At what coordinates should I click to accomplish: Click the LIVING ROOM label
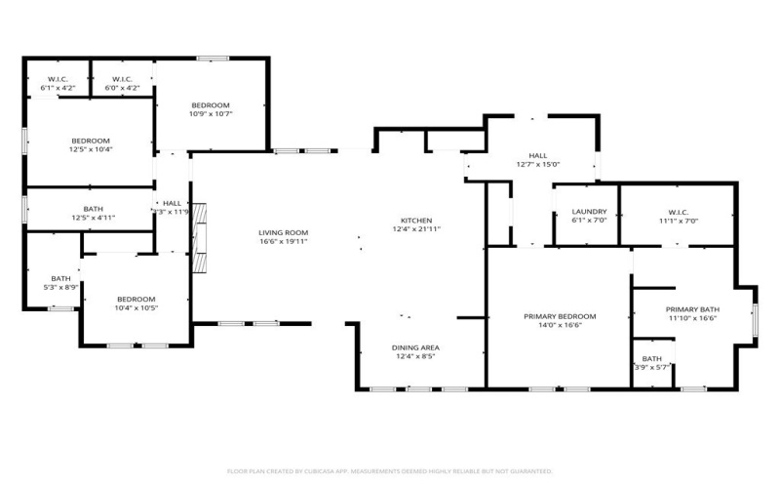[x=283, y=232]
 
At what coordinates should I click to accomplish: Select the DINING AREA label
[x=416, y=347]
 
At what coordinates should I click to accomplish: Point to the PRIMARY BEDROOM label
[x=560, y=316]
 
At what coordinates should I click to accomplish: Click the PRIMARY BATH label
[x=692, y=309]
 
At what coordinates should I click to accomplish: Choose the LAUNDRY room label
[x=590, y=212]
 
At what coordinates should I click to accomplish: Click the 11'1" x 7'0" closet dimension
[x=679, y=221]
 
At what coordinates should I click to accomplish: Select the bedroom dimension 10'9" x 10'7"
[x=210, y=113]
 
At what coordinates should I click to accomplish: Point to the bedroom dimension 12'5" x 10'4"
[x=90, y=149]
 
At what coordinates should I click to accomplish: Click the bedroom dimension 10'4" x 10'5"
[x=136, y=307]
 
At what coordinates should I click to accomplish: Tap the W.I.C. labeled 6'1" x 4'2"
[x=58, y=88]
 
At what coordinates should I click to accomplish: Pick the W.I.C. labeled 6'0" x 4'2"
[x=122, y=88]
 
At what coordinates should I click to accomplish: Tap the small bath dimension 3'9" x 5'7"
[x=651, y=367]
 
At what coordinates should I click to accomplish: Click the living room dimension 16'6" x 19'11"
[x=283, y=241]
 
